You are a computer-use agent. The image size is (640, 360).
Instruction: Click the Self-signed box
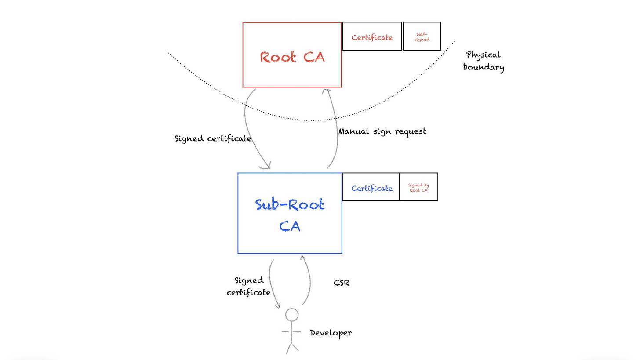(422, 36)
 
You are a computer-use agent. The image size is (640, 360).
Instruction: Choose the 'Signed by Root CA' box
(418, 187)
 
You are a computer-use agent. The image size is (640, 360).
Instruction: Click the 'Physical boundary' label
(483, 61)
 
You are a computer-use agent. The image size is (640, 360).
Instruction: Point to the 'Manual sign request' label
(382, 131)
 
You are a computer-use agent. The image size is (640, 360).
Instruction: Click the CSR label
(342, 283)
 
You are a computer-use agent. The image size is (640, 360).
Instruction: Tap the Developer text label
(331, 333)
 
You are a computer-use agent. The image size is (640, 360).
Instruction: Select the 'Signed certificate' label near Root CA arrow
(213, 138)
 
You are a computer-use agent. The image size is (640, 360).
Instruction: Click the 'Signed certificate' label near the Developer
(248, 286)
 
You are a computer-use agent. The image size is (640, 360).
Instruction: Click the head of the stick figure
(291, 315)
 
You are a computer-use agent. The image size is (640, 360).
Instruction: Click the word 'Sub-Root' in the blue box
(290, 205)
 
